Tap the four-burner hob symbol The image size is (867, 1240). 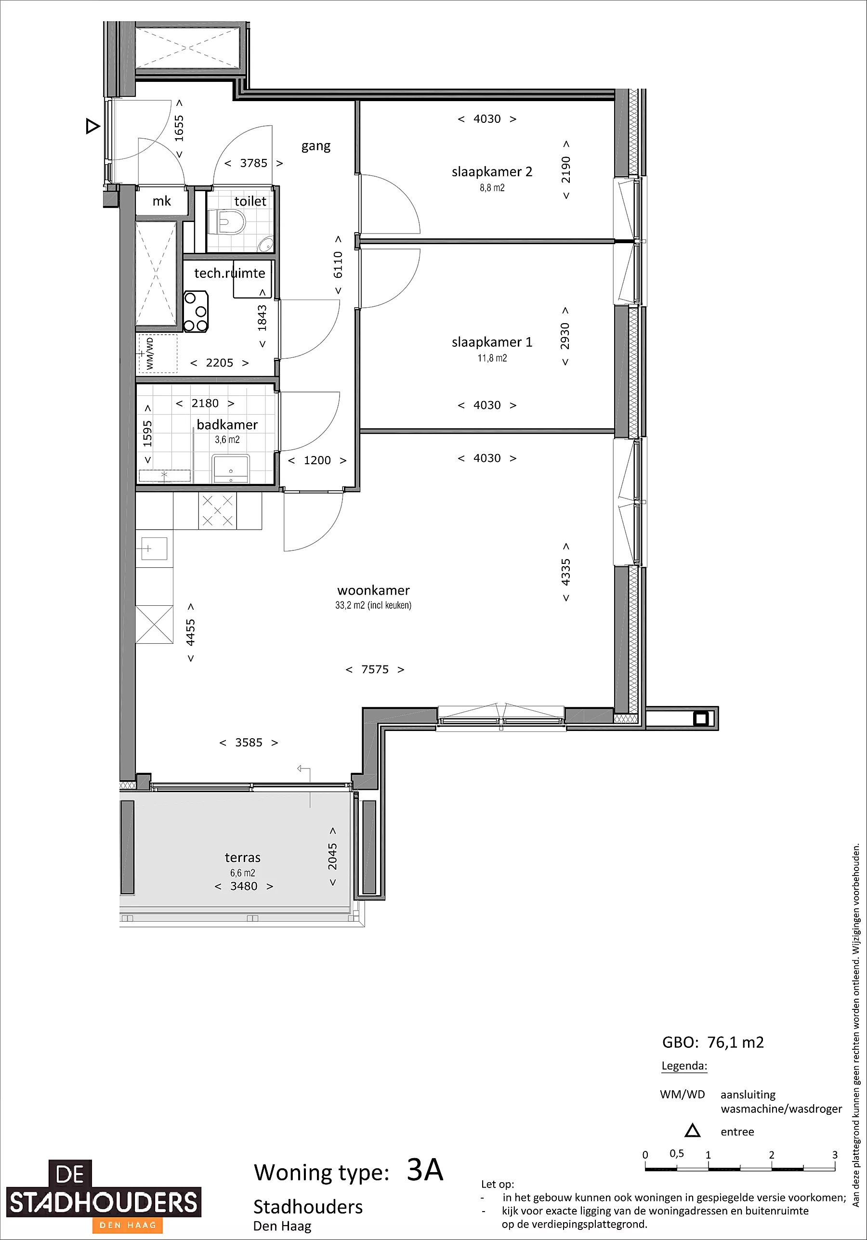coord(196,311)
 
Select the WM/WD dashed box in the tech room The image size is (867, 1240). coord(158,353)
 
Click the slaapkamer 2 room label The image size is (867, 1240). coord(492,172)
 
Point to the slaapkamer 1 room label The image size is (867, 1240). coord(492,342)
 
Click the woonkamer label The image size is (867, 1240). coord(373,590)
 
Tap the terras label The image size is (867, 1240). coord(243,857)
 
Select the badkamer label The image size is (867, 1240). coord(227,425)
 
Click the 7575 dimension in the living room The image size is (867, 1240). coord(375,670)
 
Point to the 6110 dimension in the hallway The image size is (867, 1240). coord(338,265)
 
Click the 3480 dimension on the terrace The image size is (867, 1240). coord(244,886)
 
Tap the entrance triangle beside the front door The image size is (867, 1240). coord(92,127)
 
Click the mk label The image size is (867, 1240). coord(161,201)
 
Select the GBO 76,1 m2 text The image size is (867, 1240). coord(713,1043)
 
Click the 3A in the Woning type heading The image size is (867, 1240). coord(424,1170)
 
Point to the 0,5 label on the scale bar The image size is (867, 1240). coord(677,1154)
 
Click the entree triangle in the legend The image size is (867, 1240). coord(693,1131)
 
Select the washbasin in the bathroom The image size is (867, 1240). coord(231,468)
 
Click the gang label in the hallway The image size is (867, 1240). coord(316,146)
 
